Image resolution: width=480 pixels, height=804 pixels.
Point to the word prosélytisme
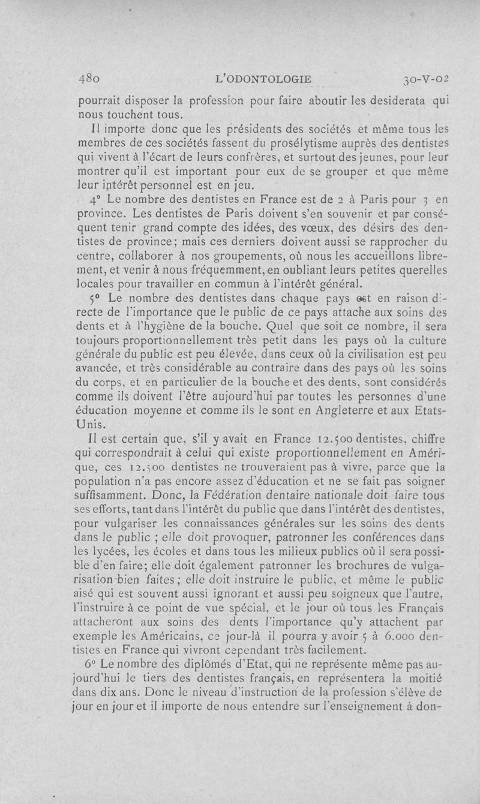click(248, 144)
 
